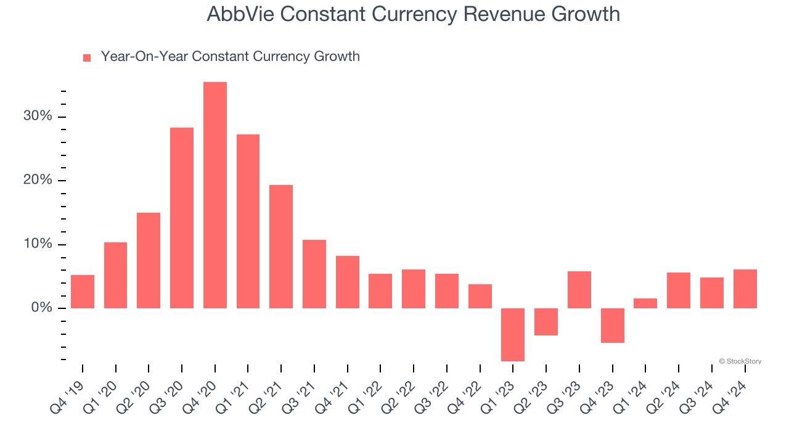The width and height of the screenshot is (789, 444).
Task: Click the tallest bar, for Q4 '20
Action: click(x=215, y=195)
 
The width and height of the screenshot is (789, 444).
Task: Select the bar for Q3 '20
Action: click(x=182, y=218)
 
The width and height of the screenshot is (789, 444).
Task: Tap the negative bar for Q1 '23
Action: click(x=513, y=334)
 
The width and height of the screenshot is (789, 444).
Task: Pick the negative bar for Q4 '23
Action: click(x=612, y=325)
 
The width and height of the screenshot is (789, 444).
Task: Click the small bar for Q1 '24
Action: click(x=645, y=303)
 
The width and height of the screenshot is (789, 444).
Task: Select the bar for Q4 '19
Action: click(x=83, y=292)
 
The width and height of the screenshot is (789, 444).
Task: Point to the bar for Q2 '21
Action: click(x=281, y=247)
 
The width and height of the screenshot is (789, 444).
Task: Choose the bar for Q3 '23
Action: click(x=579, y=290)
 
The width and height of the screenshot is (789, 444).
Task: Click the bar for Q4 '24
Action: click(x=745, y=289)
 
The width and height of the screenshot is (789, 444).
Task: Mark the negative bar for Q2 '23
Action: click(x=546, y=321)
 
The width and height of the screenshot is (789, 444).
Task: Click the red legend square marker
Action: click(x=87, y=57)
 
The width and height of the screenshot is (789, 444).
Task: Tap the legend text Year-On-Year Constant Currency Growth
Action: click(x=230, y=57)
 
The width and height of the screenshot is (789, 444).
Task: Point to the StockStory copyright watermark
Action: click(x=740, y=361)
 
